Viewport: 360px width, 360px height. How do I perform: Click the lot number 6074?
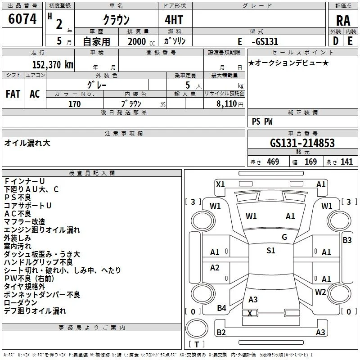click(x=22, y=19)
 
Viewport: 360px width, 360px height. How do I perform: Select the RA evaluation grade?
click(x=343, y=21)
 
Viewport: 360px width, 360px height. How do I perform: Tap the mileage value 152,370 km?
click(x=53, y=64)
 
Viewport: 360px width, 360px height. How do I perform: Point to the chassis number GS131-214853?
click(x=302, y=143)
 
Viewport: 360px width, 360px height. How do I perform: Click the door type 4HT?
click(x=174, y=20)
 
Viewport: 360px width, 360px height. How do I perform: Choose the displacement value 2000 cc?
click(x=141, y=41)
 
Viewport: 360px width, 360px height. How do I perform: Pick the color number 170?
click(x=74, y=104)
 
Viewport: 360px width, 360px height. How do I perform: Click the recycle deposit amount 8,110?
click(x=227, y=104)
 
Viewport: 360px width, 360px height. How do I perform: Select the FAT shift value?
click(x=13, y=94)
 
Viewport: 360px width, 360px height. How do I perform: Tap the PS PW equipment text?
click(x=262, y=121)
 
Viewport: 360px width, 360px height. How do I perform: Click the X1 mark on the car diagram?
click(x=220, y=184)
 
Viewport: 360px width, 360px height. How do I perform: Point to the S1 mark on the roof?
click(x=271, y=250)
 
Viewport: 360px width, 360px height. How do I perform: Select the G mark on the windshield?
click(x=284, y=237)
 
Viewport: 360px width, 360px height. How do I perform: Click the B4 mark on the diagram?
click(x=221, y=308)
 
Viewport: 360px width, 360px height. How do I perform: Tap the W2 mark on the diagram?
click(x=320, y=292)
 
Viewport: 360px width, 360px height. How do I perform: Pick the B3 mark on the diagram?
click(x=347, y=240)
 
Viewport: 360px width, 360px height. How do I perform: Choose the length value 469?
click(x=273, y=162)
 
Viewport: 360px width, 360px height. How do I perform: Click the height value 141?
click(x=346, y=162)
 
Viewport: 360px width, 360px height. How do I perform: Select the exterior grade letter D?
click(x=336, y=41)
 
